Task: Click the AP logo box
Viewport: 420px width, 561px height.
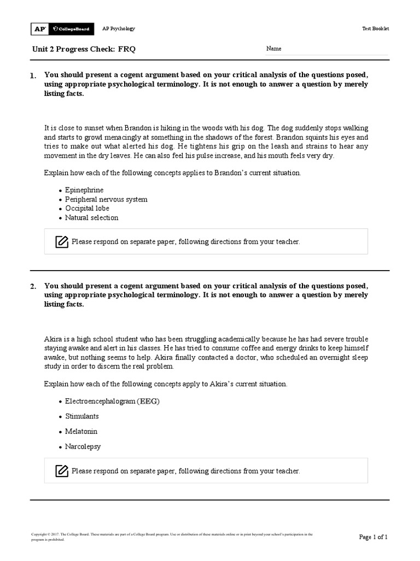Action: click(40, 28)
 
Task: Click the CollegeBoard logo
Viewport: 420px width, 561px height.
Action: click(71, 28)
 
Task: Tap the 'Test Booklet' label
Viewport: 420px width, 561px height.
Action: click(376, 28)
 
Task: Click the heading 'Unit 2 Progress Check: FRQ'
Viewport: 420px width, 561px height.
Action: click(84, 49)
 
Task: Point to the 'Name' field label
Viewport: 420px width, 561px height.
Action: click(273, 49)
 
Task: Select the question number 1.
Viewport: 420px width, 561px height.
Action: click(33, 76)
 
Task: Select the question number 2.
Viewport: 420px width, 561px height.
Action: click(33, 286)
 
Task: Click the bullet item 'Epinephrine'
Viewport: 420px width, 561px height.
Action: click(84, 190)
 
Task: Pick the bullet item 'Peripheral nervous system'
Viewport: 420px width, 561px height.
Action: click(106, 199)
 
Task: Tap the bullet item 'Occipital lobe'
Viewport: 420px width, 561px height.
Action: click(87, 209)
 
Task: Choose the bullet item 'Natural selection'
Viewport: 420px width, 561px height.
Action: click(91, 217)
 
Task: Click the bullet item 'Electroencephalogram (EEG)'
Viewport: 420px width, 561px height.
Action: click(112, 401)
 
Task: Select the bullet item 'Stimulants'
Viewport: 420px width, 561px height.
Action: click(81, 416)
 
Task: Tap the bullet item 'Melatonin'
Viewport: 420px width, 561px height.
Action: click(81, 432)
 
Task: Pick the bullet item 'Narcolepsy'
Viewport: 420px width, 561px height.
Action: click(83, 446)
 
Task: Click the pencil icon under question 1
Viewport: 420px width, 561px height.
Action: click(62, 242)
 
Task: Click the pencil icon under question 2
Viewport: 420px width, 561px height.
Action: click(62, 471)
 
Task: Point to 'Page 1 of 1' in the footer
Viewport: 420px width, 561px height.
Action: click(373, 537)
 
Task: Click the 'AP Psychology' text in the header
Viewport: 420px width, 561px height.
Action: click(119, 28)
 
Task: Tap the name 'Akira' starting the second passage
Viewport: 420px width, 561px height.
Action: click(52, 340)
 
